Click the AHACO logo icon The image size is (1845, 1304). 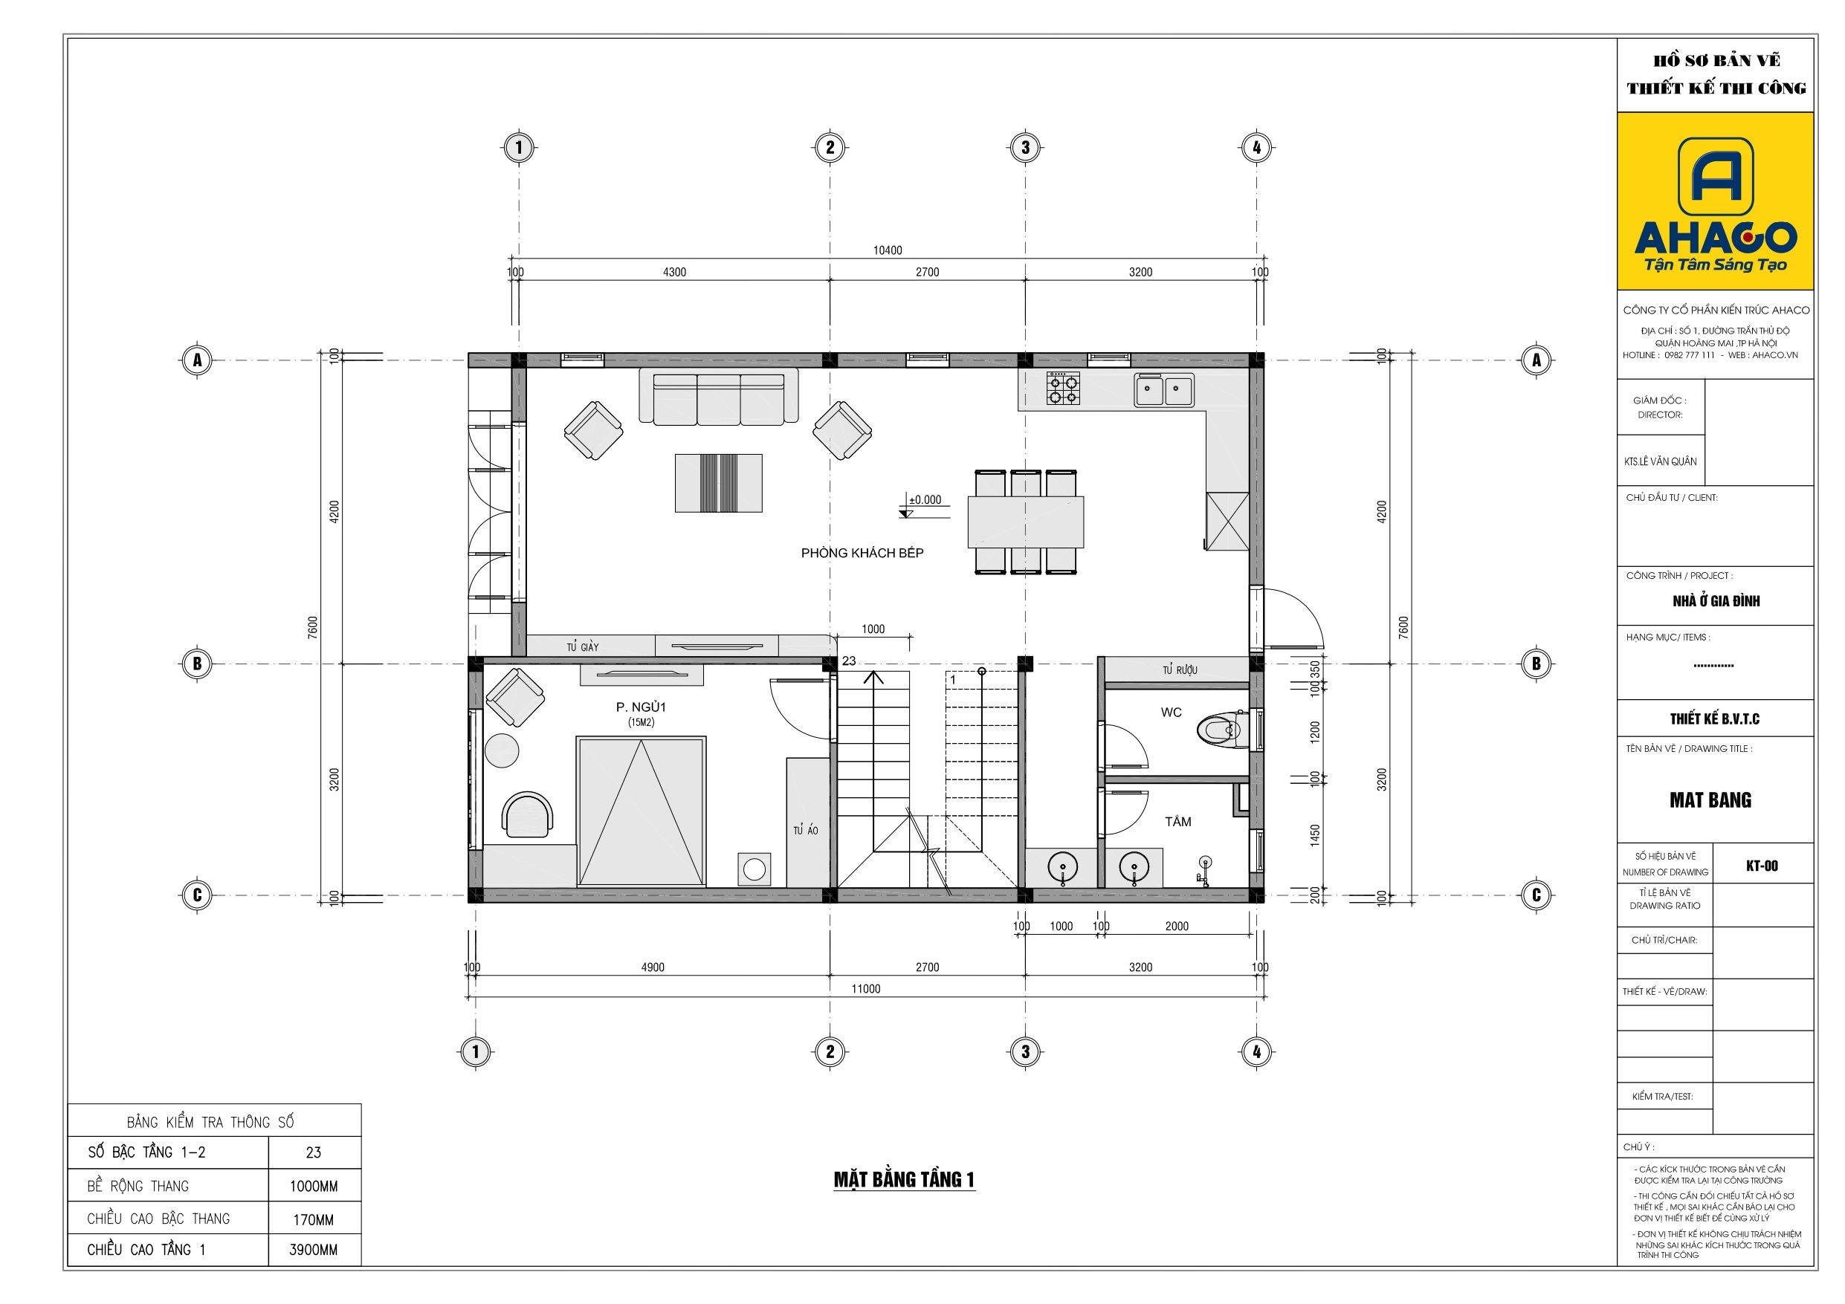point(1716,176)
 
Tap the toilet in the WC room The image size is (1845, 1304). point(1221,730)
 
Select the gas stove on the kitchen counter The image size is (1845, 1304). point(1062,388)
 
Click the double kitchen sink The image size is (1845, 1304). point(1163,389)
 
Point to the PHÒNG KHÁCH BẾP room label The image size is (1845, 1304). point(862,553)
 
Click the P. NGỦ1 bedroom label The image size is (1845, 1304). point(641,707)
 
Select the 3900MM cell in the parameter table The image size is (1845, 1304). point(314,1249)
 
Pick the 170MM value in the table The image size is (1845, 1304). point(314,1219)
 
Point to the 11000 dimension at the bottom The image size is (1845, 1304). point(865,989)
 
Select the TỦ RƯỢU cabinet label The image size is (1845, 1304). point(1180,669)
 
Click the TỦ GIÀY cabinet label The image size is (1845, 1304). point(583,646)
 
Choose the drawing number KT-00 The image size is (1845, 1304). point(1762,866)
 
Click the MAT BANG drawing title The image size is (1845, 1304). point(1710,799)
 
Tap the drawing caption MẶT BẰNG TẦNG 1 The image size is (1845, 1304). point(904,1179)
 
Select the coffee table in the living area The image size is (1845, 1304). point(718,483)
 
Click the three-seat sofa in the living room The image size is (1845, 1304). point(718,396)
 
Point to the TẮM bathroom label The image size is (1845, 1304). point(1178,821)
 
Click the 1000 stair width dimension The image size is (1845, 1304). point(873,629)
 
